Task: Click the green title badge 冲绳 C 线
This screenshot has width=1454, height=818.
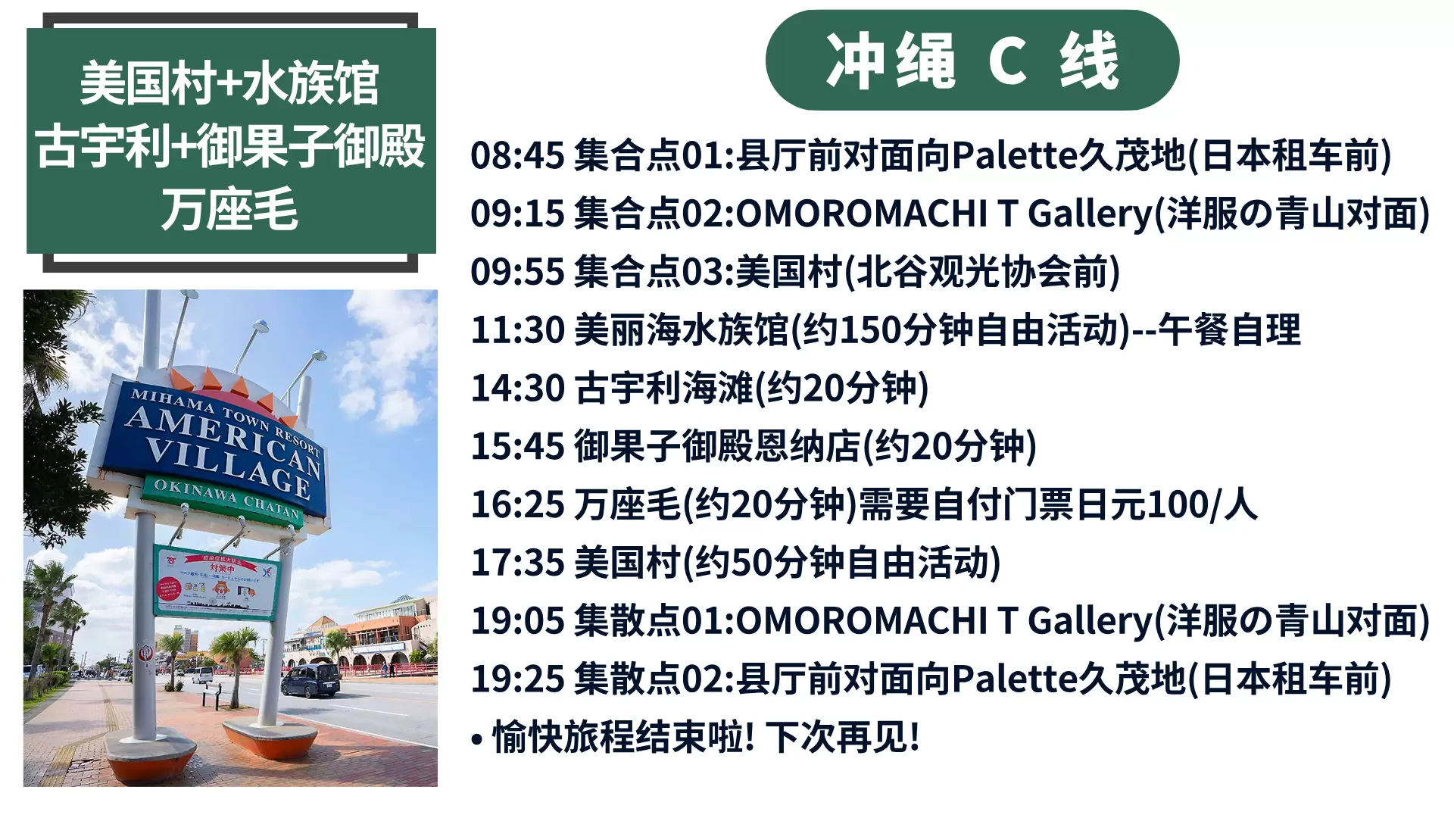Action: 972,60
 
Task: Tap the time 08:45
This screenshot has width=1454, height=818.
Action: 517,155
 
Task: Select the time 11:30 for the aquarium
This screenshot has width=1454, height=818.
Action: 517,330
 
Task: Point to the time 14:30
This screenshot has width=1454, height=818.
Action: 517,388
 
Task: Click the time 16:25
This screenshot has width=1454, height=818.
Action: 517,504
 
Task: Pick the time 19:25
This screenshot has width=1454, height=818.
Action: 517,679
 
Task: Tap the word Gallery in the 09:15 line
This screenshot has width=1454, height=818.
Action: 1090,214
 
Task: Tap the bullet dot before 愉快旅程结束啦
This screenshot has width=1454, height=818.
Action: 476,739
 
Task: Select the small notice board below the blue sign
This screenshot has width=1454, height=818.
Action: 216,582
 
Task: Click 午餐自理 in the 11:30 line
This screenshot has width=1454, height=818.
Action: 1230,330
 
